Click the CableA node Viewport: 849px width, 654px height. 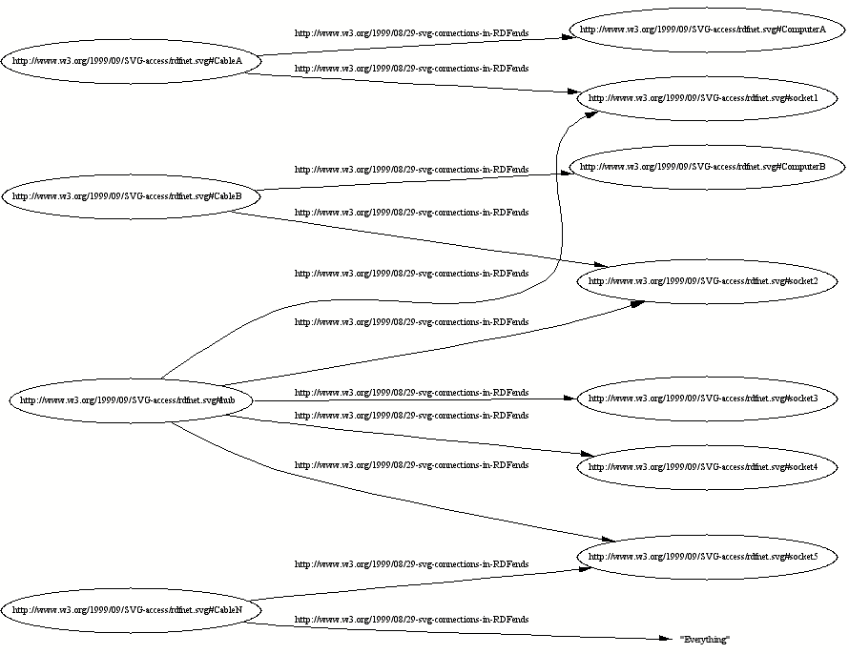[x=128, y=61]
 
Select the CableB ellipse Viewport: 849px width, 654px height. [x=128, y=197]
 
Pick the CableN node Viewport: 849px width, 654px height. [x=128, y=609]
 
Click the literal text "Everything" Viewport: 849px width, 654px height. [x=704, y=639]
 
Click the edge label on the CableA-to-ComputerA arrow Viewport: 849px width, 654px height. [x=411, y=33]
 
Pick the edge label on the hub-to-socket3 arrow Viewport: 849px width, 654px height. [x=411, y=393]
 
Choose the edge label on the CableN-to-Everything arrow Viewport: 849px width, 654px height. [x=411, y=620]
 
